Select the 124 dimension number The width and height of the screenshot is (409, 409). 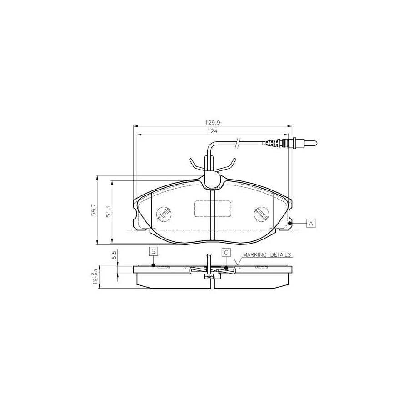(212, 131)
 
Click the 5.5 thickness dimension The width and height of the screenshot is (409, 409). (115, 255)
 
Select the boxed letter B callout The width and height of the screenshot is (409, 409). (154, 251)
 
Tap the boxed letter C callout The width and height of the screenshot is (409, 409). (226, 252)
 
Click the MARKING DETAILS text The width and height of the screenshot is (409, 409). (267, 255)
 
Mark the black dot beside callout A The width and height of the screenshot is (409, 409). (290, 223)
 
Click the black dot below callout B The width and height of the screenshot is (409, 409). (154, 265)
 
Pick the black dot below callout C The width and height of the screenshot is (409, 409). (226, 268)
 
